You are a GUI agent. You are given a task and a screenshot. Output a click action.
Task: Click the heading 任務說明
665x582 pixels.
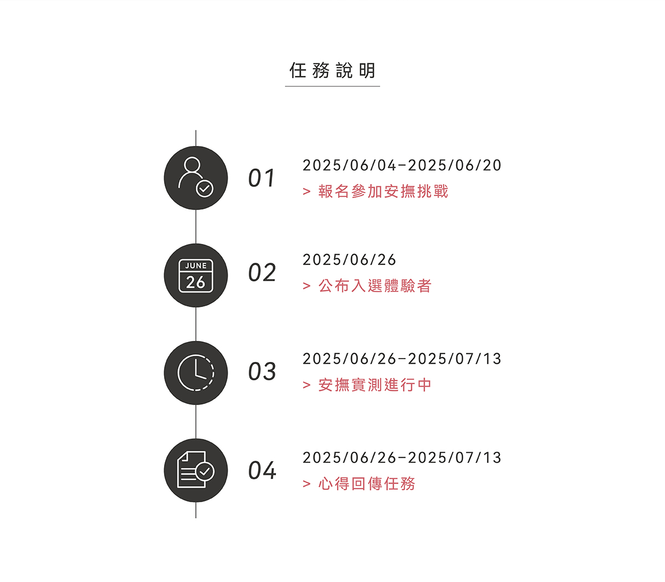[332, 70]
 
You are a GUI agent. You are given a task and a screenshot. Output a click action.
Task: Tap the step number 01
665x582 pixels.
[262, 178]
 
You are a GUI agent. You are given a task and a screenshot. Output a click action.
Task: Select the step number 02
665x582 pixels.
[262, 273]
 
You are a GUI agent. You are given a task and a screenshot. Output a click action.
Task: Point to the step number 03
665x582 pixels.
[262, 371]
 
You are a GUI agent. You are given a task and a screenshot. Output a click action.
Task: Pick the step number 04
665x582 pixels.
[262, 470]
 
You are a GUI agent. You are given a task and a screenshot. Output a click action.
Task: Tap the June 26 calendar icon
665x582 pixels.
[196, 275]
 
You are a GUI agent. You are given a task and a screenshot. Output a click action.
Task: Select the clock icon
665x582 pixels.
[196, 373]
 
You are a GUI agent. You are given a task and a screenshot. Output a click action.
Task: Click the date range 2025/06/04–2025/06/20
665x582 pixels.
[402, 165]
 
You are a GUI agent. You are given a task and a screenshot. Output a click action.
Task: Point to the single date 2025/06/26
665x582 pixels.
[349, 260]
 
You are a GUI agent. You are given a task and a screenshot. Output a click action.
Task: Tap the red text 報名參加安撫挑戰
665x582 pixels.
[383, 191]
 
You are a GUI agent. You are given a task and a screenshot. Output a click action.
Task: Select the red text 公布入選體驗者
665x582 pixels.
[375, 286]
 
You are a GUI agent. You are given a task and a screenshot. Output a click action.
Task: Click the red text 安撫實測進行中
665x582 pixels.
[375, 385]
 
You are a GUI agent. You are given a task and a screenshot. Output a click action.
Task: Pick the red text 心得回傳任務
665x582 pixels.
[367, 484]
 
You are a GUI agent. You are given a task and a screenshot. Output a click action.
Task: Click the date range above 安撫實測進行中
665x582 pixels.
[402, 359]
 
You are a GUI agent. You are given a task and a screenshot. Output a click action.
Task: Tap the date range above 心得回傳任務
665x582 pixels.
[402, 458]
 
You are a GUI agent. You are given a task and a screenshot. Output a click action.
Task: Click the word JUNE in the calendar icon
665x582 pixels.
[196, 266]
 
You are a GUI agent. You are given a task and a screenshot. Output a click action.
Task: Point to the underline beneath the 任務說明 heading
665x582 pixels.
[332, 86]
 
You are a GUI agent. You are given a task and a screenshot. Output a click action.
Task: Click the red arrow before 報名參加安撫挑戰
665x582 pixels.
[306, 191]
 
